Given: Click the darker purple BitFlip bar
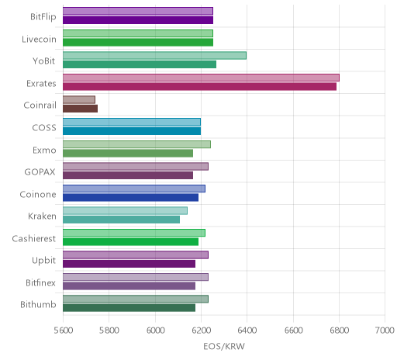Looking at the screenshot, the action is [138, 20].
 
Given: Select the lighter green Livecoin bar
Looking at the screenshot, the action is [138, 33].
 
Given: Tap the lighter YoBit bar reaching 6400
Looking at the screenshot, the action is [154, 56].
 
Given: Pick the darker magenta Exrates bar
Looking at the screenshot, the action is [199, 87].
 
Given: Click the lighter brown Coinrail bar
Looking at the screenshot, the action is [79, 100].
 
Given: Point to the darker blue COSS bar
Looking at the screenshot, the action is [132, 131].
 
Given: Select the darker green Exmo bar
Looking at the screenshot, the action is [128, 154].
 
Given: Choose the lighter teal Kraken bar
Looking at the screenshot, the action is [125, 211].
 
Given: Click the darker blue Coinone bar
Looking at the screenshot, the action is [130, 198].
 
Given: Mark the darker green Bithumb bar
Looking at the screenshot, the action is [129, 308].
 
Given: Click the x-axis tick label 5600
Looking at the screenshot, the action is [64, 331].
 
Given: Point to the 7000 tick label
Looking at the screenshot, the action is [385, 331].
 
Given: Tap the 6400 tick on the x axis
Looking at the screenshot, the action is [247, 331].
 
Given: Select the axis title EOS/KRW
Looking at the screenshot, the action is [224, 346].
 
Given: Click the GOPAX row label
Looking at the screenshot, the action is [40, 172].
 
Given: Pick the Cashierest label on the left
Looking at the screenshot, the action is [34, 238].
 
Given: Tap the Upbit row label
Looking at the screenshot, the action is [43, 261].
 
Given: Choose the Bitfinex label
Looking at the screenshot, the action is [40, 282].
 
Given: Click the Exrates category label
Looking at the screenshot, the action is [41, 84].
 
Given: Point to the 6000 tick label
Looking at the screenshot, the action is [156, 331].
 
